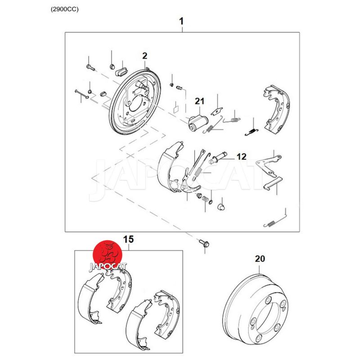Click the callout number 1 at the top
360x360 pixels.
[181, 21]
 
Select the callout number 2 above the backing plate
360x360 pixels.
[144, 56]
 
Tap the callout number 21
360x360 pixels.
[199, 101]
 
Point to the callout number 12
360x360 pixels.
[241, 157]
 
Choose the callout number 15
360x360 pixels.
[128, 239]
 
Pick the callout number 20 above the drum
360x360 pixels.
[260, 259]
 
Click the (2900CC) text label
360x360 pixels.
[64, 9]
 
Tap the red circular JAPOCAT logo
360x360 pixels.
[108, 255]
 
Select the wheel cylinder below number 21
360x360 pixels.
[198, 123]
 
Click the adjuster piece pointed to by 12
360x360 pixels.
[218, 158]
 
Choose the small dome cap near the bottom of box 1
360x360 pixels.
[221, 207]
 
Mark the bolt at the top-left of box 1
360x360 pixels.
[91, 68]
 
